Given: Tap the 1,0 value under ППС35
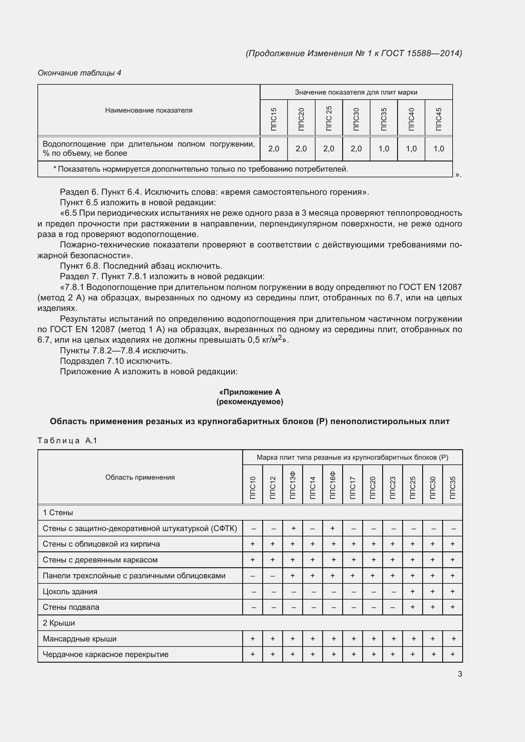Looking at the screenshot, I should pyautogui.click(x=384, y=149).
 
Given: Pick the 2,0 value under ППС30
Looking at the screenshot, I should pyautogui.click(x=356, y=149).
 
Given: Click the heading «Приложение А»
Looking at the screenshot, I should pyautogui.click(x=249, y=392).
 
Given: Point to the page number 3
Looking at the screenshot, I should pyautogui.click(x=460, y=674).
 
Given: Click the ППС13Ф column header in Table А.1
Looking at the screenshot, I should pyautogui.click(x=293, y=485).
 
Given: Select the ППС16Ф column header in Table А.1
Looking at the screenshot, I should pyautogui.click(x=333, y=485).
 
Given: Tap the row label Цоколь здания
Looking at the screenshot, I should pyautogui.click(x=70, y=591).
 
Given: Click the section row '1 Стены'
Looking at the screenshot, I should pyautogui.click(x=58, y=513).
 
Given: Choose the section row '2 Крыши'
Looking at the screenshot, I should pyautogui.click(x=59, y=623).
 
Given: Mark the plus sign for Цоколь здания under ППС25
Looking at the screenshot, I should pyautogui.click(x=413, y=591).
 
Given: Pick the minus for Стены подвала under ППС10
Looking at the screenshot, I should pyautogui.click(x=253, y=607).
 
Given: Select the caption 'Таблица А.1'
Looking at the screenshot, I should pyautogui.click(x=67, y=441).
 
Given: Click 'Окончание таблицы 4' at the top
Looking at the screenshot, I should pyautogui.click(x=79, y=73).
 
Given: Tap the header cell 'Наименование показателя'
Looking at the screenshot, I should pyautogui.click(x=148, y=110).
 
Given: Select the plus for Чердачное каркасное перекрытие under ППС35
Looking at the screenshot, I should pyautogui.click(x=452, y=654).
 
